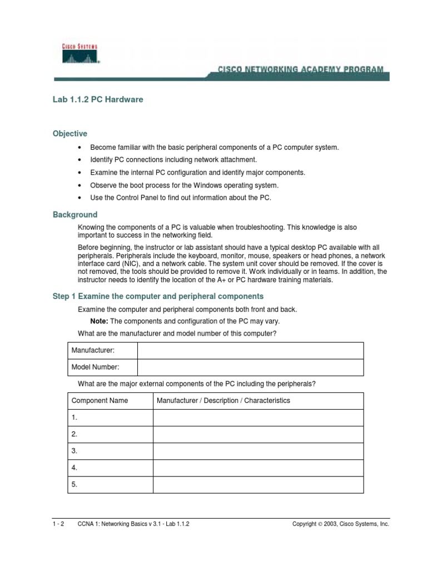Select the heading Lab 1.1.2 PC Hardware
pyautogui.click(x=98, y=100)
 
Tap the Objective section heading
pyautogui.click(x=69, y=134)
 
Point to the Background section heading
pyautogui.click(x=75, y=214)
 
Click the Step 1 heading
pyautogui.click(x=158, y=296)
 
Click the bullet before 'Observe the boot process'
pyautogui.click(x=81, y=185)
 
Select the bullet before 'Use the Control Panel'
pyautogui.click(x=81, y=198)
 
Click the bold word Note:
pyautogui.click(x=99, y=321)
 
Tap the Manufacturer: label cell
pyautogui.click(x=93, y=351)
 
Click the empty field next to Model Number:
pyautogui.click(x=250, y=367)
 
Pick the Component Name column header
pyautogui.click(x=100, y=401)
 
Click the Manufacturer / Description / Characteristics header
pyautogui.click(x=224, y=401)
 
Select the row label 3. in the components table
pyautogui.click(x=75, y=451)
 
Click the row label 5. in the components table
pyautogui.click(x=75, y=485)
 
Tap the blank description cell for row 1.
pyautogui.click(x=258, y=417)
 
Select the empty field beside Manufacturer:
pyautogui.click(x=250, y=351)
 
